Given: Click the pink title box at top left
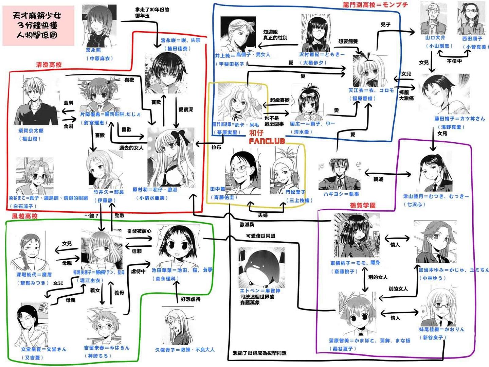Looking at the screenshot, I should [38, 25].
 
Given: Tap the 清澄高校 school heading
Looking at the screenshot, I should [49, 65].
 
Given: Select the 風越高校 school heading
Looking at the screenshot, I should [25, 216].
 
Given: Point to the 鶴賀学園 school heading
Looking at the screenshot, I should [363, 205].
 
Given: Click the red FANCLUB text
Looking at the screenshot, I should [267, 141].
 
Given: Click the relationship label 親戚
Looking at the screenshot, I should [378, 179].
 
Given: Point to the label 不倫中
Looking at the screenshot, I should [454, 61].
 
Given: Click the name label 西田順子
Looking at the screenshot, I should [472, 39].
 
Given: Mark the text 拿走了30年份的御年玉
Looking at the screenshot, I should [152, 13].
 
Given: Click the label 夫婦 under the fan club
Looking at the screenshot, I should [262, 215].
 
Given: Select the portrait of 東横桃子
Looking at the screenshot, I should [356, 236].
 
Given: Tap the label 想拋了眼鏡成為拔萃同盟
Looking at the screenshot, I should [259, 353].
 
